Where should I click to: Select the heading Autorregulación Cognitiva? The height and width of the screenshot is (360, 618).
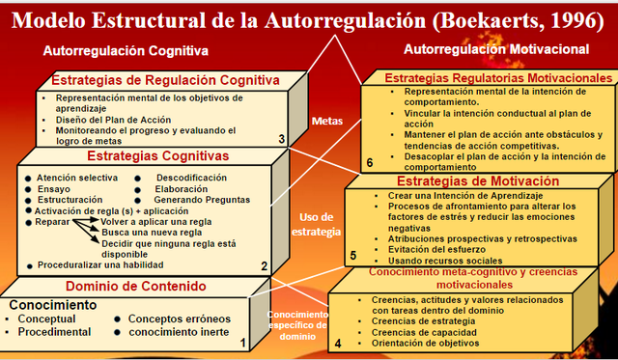coord(126,51)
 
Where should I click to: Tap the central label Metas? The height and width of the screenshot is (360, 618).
coord(328,122)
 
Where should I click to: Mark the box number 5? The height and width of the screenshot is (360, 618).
coord(352,256)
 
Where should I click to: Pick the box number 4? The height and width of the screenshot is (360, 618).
coord(338,341)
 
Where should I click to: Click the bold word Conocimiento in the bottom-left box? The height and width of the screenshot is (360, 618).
coord(54,305)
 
